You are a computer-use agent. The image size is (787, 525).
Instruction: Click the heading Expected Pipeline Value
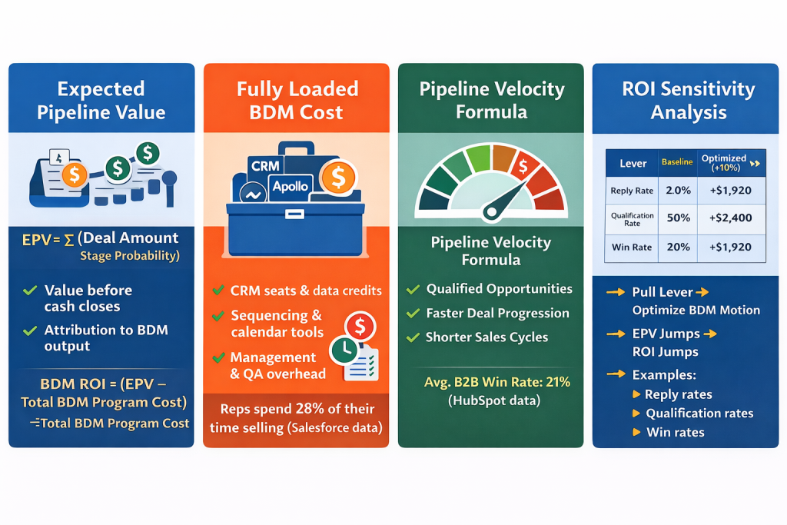tap(101, 101)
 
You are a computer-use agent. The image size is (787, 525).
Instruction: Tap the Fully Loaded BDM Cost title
tap(297, 101)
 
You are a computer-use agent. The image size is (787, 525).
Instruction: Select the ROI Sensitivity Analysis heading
tap(688, 101)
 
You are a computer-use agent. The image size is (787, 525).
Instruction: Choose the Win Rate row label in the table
tap(633, 248)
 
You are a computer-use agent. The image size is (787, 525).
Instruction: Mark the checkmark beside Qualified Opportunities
tap(413, 290)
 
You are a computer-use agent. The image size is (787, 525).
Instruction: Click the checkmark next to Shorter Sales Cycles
tap(413, 337)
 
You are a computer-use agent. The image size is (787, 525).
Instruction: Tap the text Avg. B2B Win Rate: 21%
tap(496, 382)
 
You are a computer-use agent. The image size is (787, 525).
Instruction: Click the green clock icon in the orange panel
tap(342, 351)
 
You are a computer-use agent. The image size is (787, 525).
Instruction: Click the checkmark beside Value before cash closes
tap(30, 291)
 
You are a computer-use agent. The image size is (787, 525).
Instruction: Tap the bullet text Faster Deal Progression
tap(498, 314)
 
